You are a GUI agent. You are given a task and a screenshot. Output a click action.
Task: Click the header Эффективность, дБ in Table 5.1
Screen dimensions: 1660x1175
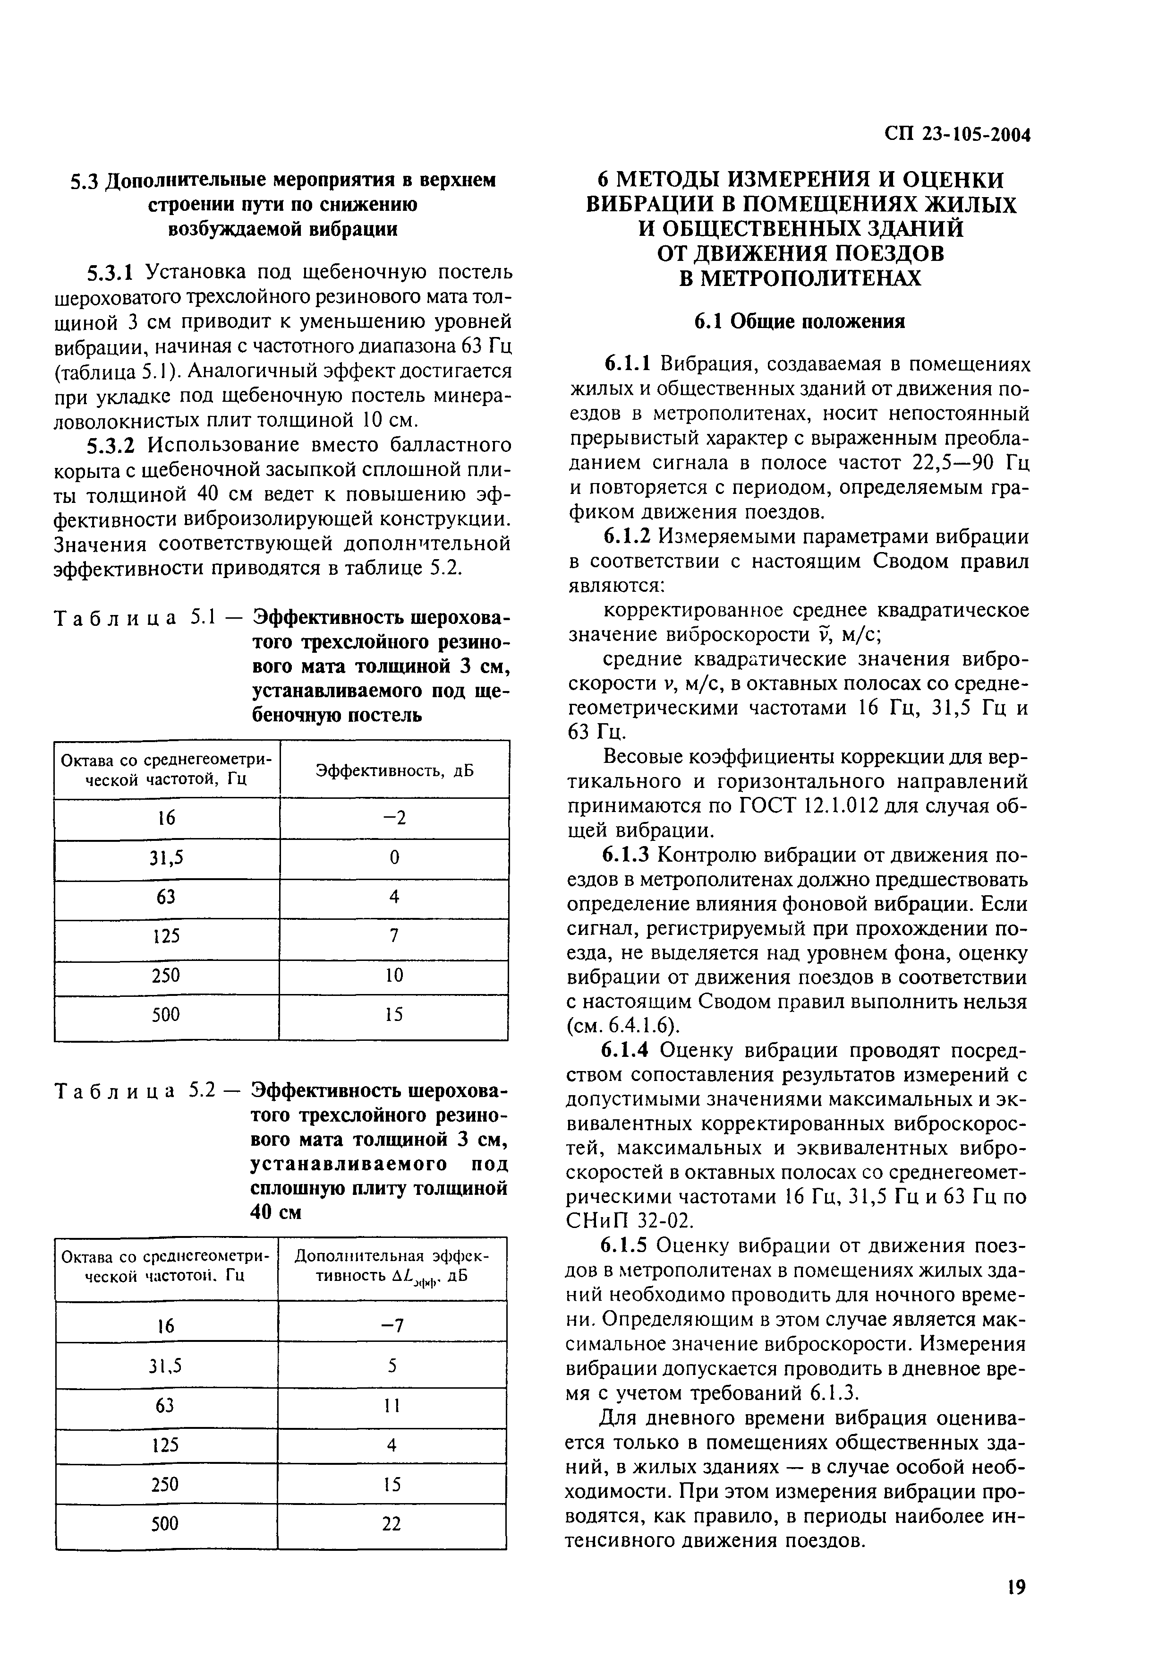click(394, 770)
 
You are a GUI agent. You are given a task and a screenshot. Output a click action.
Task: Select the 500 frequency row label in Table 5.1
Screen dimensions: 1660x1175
click(166, 1015)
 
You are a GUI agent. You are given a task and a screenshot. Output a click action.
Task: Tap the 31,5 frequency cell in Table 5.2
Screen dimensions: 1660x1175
click(166, 1366)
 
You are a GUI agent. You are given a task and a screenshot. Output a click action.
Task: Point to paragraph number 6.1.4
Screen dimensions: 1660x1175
click(629, 1050)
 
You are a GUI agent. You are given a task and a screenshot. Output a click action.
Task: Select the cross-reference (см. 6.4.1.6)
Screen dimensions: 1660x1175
click(624, 1025)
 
